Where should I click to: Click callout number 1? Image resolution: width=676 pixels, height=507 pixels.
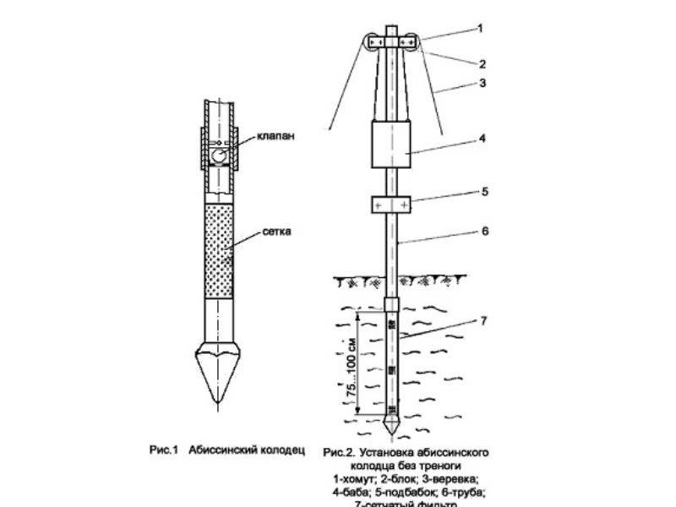(480, 27)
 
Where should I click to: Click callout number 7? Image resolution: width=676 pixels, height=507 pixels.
(484, 322)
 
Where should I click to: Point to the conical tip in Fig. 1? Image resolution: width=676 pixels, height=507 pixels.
(218, 371)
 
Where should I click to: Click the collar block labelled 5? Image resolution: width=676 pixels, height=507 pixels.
(390, 205)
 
